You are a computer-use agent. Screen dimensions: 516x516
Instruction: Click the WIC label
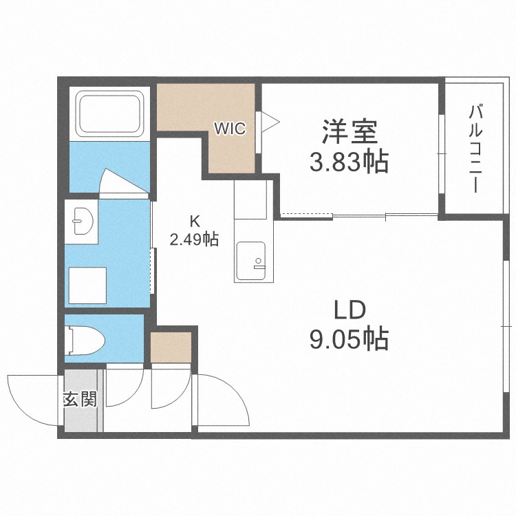229,128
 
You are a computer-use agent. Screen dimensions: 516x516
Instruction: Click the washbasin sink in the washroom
83,222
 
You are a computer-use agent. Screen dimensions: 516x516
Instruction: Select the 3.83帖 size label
349,162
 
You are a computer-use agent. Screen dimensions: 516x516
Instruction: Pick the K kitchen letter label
195,222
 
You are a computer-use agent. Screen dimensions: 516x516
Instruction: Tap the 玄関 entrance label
80,400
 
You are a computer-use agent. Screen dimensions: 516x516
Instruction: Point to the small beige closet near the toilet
171,348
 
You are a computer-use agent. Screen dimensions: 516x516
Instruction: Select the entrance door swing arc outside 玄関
31,399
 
